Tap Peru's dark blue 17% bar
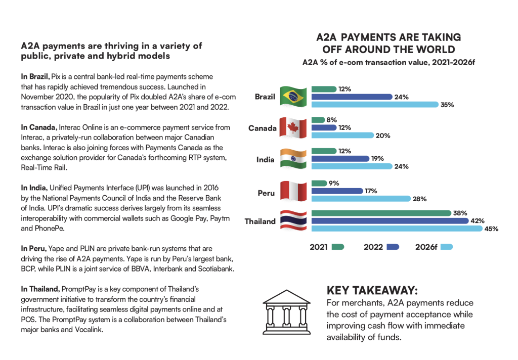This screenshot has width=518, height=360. point(337,191)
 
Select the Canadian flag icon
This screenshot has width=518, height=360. point(293,127)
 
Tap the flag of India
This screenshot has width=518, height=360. point(292,159)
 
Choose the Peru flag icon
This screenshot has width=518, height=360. point(292,191)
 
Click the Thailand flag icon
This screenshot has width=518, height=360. point(292,221)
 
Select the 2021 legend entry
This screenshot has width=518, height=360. point(327,247)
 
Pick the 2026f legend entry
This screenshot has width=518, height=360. point(433,247)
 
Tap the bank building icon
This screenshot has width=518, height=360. point(286,311)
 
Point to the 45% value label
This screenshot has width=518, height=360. point(492,229)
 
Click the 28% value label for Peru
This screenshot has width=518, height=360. point(419,199)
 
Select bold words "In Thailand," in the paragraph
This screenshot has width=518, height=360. point(40,289)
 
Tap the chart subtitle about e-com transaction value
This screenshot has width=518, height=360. point(388,62)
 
